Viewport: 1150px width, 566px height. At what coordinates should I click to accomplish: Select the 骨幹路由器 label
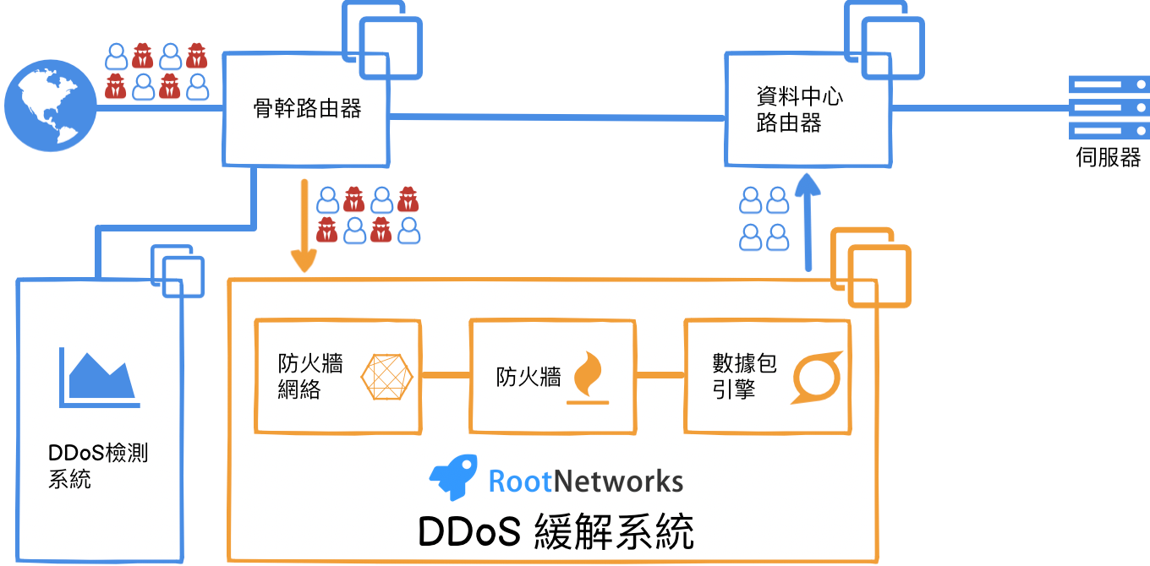(308, 108)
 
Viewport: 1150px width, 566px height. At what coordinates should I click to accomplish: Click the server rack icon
(1109, 107)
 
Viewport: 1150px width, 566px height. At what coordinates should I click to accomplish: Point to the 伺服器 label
(1109, 157)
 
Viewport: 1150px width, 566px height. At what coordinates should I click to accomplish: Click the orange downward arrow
(302, 224)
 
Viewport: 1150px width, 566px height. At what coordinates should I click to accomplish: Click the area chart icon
(97, 376)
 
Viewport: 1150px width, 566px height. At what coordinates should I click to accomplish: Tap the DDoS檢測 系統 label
(98, 466)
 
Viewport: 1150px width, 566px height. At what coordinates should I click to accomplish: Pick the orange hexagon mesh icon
(387, 376)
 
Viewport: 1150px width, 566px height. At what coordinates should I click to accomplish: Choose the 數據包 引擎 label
(744, 377)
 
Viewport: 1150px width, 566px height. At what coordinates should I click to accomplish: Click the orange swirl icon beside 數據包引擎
(817, 376)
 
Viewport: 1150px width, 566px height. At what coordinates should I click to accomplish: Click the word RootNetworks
(586, 482)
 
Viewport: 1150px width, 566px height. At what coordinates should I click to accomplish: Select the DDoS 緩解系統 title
(556, 531)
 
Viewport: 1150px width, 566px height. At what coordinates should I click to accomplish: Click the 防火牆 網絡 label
(310, 377)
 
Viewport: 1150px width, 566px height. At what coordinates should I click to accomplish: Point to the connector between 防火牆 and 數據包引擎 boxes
(660, 373)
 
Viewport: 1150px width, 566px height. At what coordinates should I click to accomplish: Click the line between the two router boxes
(558, 116)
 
